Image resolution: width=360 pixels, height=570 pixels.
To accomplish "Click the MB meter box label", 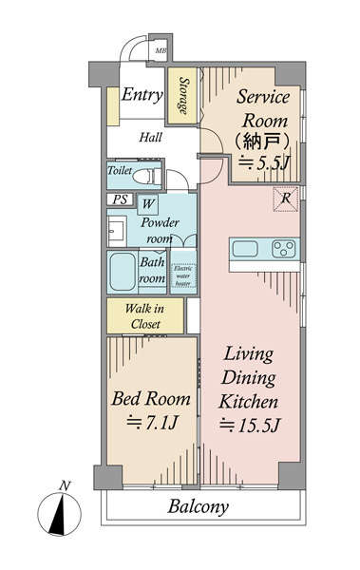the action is click(161, 51).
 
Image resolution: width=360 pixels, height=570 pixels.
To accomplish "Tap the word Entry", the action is click(142, 95).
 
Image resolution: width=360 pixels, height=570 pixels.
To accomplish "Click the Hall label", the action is click(150, 138).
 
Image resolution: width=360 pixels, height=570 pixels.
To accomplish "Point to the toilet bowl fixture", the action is click(146, 178).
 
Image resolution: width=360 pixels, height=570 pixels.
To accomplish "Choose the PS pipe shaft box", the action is click(121, 199).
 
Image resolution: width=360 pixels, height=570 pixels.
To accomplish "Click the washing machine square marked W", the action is click(147, 204).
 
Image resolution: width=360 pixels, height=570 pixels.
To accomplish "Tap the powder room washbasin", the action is click(117, 231).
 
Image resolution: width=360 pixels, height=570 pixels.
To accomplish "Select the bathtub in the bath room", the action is click(123, 272).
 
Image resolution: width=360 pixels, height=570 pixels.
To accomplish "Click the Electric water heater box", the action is click(183, 275).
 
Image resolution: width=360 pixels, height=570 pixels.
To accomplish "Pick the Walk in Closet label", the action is click(145, 316).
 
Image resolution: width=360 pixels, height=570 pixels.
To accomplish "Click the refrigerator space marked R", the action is click(286, 199).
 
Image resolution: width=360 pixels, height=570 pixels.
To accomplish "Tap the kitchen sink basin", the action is click(245, 249).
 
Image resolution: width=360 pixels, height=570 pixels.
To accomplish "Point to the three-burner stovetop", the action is click(284, 249).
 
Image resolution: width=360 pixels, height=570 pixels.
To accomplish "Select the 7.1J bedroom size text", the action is click(152, 422).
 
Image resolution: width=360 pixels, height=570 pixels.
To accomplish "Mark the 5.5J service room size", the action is click(263, 162).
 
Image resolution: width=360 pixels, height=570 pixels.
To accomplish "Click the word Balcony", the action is click(199, 506).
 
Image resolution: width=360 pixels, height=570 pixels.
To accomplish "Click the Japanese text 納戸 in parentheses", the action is click(262, 142).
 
